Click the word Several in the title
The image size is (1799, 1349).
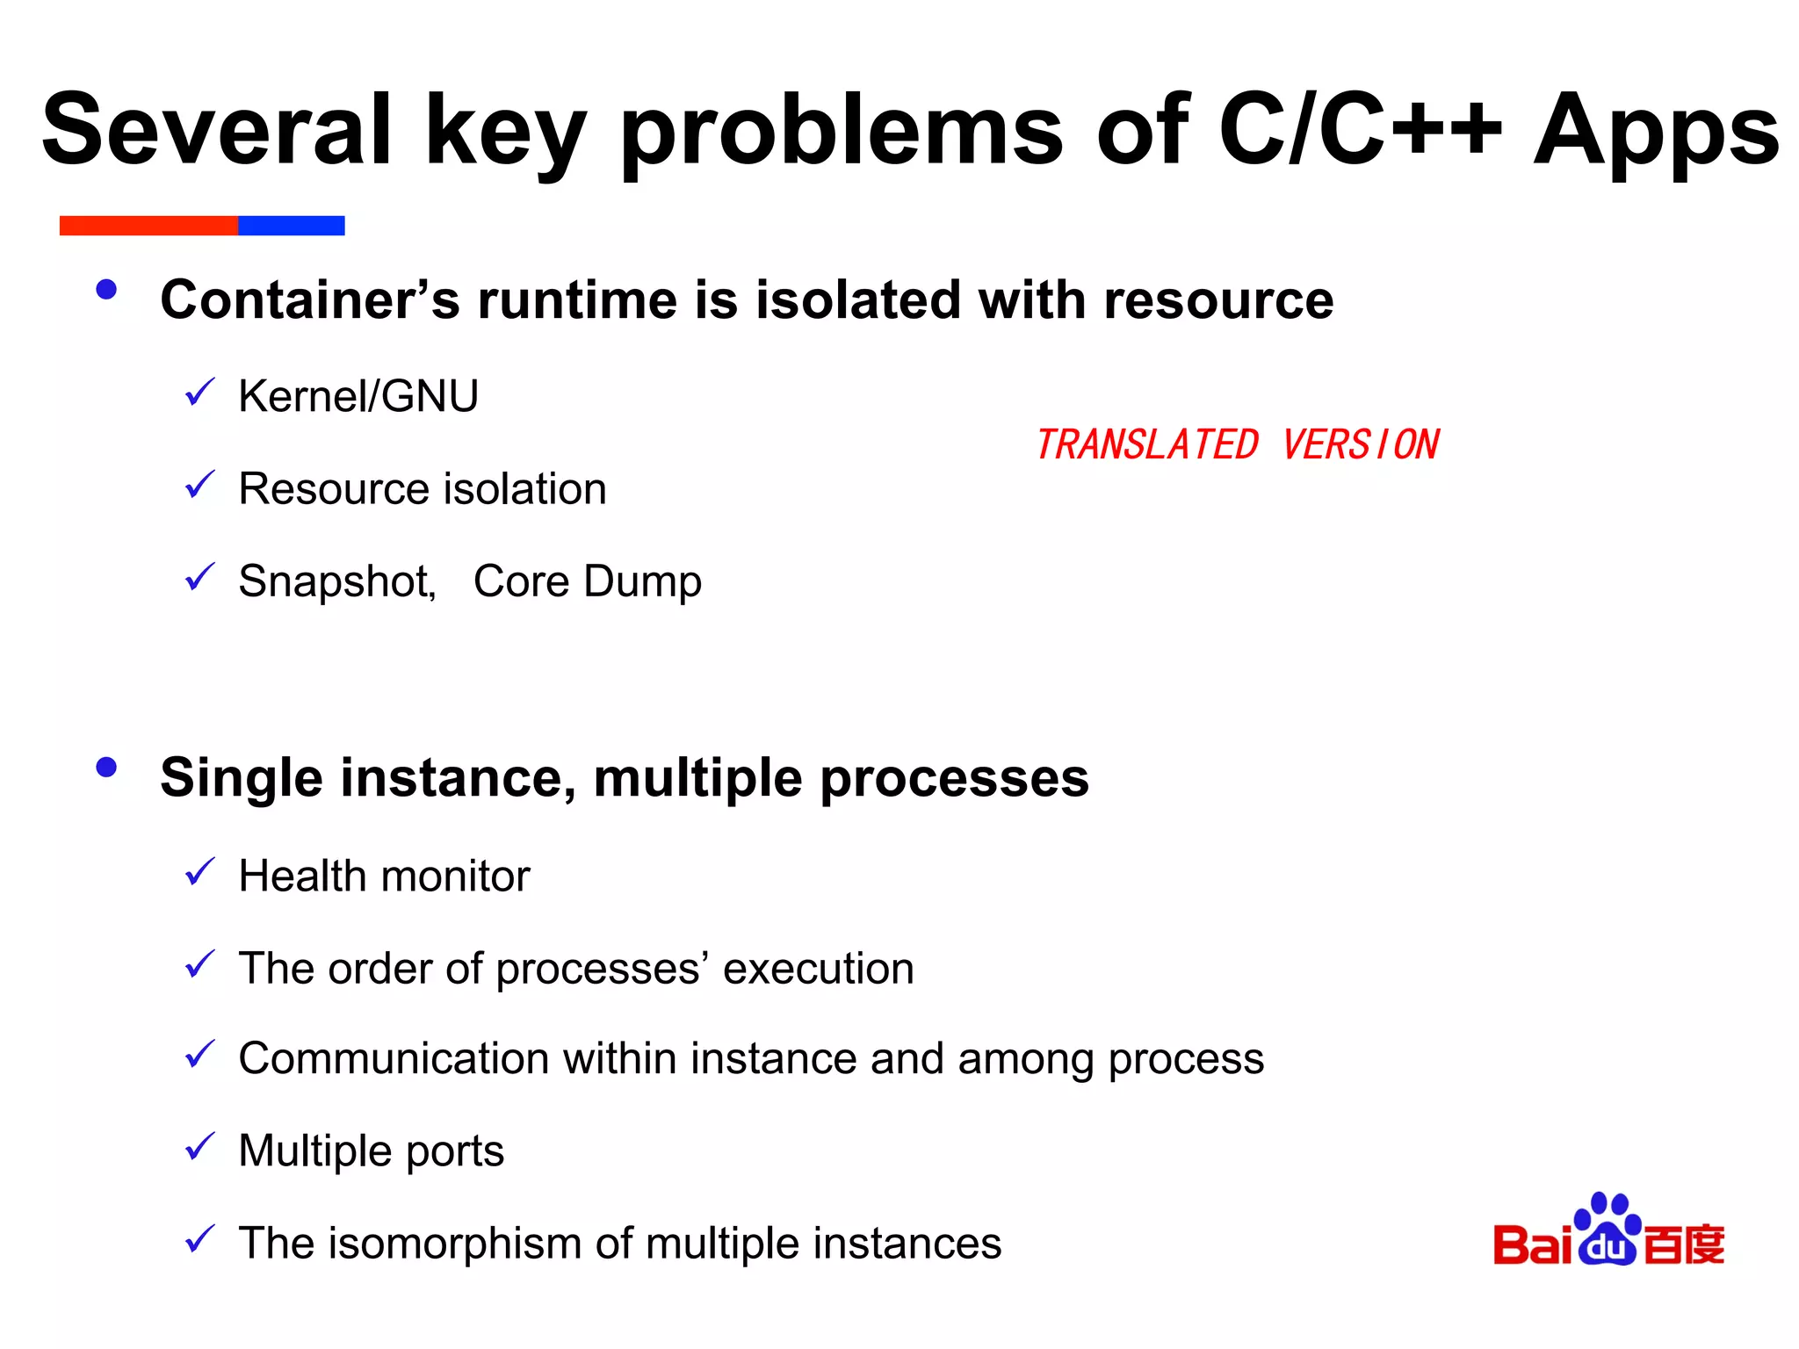[x=216, y=130]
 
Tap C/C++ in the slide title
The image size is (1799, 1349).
[x=1359, y=130]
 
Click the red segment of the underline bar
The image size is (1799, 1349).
[x=148, y=226]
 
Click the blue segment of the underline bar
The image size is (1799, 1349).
[x=291, y=226]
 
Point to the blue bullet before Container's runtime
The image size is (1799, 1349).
[x=106, y=290]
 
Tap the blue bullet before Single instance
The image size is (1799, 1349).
[x=106, y=768]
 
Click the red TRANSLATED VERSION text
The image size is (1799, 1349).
[x=1237, y=444]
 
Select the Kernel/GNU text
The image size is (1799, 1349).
[x=358, y=396]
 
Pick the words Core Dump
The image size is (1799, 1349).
[x=587, y=581]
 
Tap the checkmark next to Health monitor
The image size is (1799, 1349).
[x=200, y=871]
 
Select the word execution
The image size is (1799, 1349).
[x=818, y=969]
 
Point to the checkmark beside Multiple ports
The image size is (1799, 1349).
[x=200, y=1146]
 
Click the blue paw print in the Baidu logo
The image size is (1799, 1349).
[x=1608, y=1230]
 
